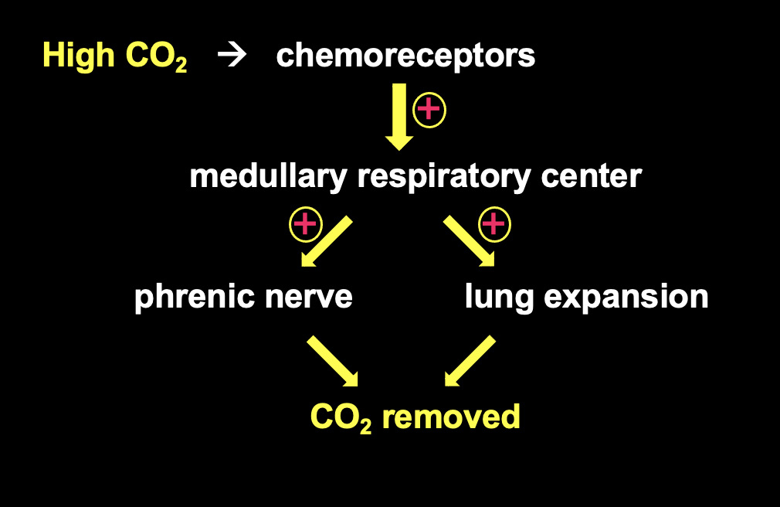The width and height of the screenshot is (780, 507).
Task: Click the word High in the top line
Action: [75, 56]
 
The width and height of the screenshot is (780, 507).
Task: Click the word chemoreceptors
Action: [405, 56]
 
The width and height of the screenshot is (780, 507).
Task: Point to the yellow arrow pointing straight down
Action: [399, 116]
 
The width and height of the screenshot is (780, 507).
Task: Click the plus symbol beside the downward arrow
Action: [429, 111]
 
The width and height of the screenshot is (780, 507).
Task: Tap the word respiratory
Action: [444, 177]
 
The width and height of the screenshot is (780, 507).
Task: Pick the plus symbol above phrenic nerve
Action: [305, 225]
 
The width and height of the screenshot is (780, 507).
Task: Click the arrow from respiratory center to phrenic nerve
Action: [326, 242]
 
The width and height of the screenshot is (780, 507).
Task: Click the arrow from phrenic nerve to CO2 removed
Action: [333, 361]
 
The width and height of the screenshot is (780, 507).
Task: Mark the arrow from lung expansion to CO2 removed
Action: [470, 361]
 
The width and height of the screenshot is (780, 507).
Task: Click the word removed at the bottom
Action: [451, 417]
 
